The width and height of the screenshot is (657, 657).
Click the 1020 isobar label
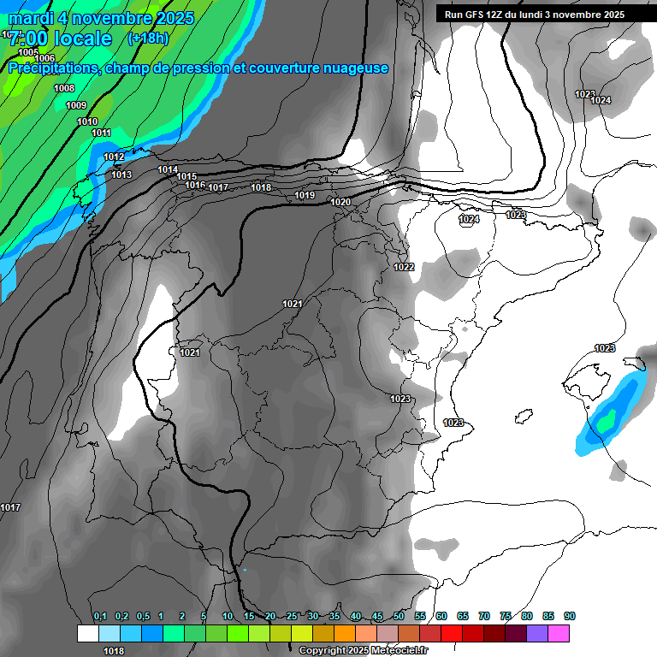click(340, 202)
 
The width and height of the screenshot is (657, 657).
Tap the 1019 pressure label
click(305, 196)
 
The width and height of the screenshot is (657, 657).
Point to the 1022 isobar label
click(404, 268)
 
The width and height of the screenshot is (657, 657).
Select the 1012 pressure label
click(114, 157)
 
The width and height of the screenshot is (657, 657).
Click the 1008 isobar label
click(64, 89)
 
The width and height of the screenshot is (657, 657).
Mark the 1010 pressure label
click(87, 122)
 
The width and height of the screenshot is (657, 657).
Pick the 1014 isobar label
click(168, 170)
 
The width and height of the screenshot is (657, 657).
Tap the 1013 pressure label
click(121, 175)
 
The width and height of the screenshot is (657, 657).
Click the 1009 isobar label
click(76, 106)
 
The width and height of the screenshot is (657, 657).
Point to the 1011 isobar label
click(101, 133)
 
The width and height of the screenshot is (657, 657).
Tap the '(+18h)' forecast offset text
click(148, 38)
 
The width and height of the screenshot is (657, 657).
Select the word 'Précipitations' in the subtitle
click(51, 68)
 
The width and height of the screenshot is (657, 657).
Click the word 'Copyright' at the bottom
click(323, 651)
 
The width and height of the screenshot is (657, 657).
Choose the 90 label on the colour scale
click(570, 617)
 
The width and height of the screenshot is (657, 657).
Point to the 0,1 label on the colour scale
click(99, 617)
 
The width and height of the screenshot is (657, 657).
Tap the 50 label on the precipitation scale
click(399, 617)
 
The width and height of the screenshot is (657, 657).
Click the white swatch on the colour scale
click(87, 633)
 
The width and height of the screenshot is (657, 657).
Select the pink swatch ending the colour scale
click(559, 633)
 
